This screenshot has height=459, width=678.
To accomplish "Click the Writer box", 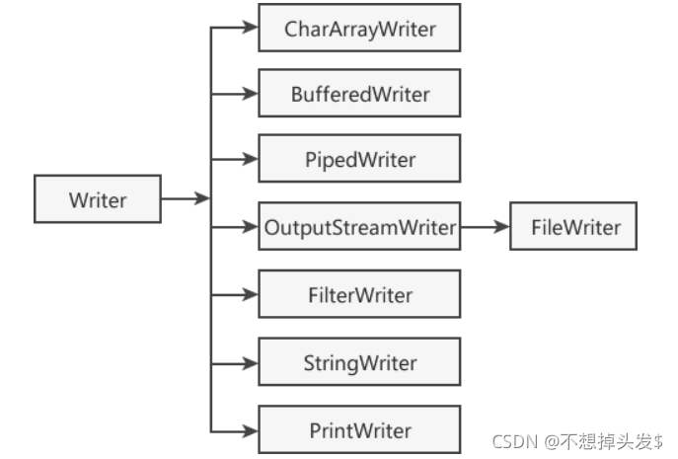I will click(x=98, y=200).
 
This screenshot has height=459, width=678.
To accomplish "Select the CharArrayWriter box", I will click(x=359, y=29).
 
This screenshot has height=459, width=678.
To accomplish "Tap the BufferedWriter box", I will click(x=359, y=95).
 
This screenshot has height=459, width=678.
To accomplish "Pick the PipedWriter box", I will click(x=359, y=160).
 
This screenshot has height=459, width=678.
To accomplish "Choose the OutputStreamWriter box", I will click(x=359, y=228).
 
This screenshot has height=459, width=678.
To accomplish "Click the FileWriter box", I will click(x=574, y=228).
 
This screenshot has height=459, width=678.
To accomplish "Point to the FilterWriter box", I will click(x=359, y=294).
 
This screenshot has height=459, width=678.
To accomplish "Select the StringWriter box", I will click(x=359, y=362).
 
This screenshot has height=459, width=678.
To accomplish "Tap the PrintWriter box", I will click(x=359, y=430).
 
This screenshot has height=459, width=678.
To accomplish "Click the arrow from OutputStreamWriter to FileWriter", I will click(x=484, y=228).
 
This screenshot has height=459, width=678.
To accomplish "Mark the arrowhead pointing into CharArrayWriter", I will click(x=251, y=29).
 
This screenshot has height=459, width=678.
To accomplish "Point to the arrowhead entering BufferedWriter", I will click(x=251, y=95).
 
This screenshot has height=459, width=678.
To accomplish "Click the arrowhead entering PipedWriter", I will click(x=251, y=160).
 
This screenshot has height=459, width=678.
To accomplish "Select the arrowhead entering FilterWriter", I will click(x=251, y=294).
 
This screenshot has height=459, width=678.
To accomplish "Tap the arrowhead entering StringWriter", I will click(x=251, y=362).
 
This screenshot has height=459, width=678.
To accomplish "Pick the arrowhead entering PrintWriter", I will click(x=251, y=430).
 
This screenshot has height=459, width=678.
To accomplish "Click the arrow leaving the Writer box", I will click(x=185, y=199).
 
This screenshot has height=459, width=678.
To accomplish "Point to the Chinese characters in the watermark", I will click(x=617, y=441).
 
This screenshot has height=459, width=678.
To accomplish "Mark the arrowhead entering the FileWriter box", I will click(x=502, y=228).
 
